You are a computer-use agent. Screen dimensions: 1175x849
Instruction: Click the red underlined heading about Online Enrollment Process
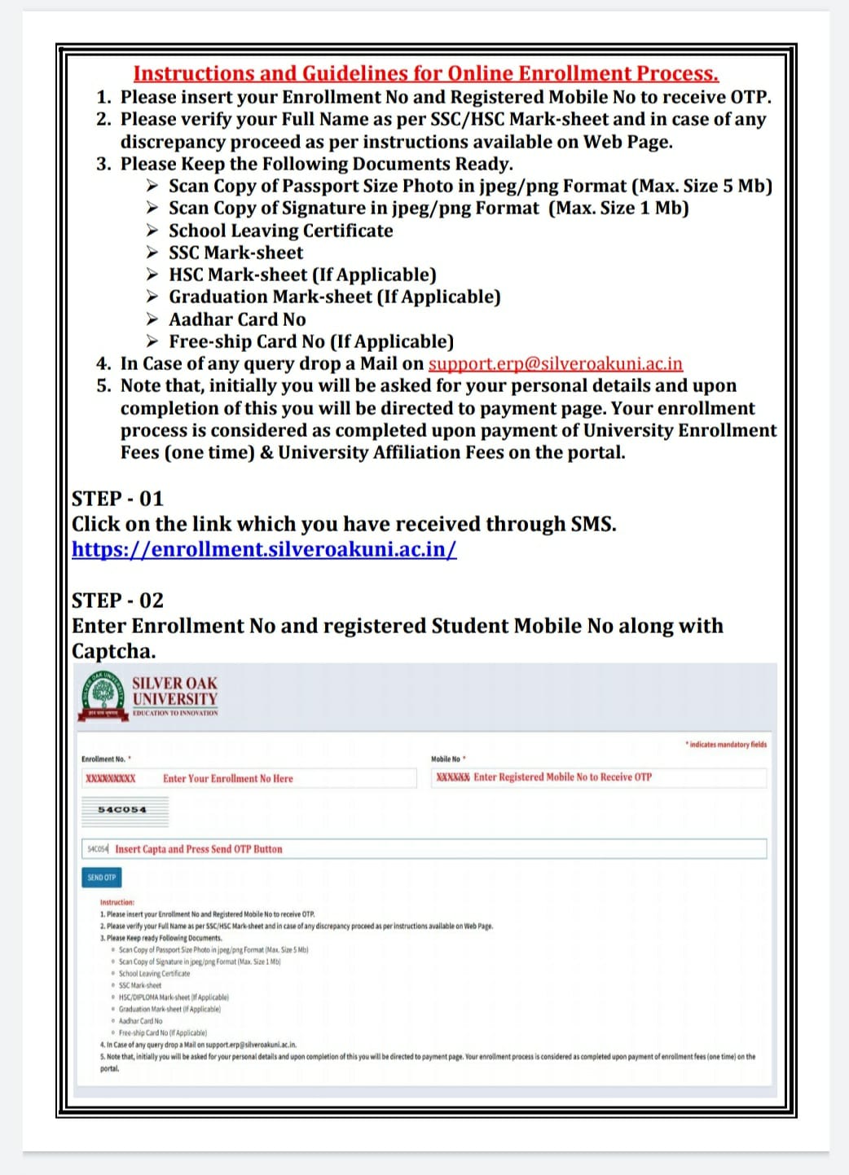[425, 73]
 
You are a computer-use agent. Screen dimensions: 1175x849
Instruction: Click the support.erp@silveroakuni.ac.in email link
[555, 363]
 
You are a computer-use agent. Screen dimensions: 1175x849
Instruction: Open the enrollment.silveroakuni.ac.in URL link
[264, 549]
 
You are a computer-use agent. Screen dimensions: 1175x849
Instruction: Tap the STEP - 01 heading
[117, 498]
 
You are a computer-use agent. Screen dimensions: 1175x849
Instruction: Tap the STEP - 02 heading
[117, 601]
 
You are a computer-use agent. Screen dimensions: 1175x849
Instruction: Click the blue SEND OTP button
[102, 878]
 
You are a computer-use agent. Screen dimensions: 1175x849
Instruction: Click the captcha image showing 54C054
[125, 810]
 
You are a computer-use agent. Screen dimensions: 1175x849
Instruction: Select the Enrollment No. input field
[249, 778]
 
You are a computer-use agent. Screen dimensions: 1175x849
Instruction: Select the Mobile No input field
[598, 777]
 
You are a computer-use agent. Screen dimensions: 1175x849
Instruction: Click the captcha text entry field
[424, 849]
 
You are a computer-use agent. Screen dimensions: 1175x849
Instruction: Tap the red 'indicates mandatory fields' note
[725, 744]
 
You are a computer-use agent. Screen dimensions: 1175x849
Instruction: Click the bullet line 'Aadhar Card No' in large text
[237, 319]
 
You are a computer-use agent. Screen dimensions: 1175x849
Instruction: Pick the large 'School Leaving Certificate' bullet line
[280, 231]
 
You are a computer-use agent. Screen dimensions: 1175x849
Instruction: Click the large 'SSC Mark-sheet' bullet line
[235, 253]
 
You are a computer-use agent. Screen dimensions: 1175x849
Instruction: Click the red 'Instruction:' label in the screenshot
[117, 902]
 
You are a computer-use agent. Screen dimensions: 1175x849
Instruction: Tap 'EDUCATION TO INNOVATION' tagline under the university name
[175, 713]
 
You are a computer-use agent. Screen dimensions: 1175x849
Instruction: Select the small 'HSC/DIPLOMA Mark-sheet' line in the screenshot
[174, 997]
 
